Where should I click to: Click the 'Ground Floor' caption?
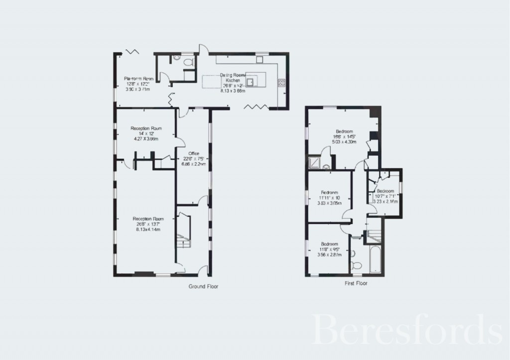[203, 286]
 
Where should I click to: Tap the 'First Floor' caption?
[356, 283]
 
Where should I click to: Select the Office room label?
[193, 153]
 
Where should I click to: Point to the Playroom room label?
[138, 79]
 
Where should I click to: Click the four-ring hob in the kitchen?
[281, 82]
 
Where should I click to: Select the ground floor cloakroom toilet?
[188, 62]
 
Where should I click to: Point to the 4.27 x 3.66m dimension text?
[146, 139]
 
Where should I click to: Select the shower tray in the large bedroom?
[315, 162]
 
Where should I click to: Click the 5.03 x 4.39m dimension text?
[345, 142]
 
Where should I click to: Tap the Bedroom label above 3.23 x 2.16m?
[385, 191]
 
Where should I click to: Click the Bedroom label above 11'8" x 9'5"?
[330, 244]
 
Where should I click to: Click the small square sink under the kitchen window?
[259, 59]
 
